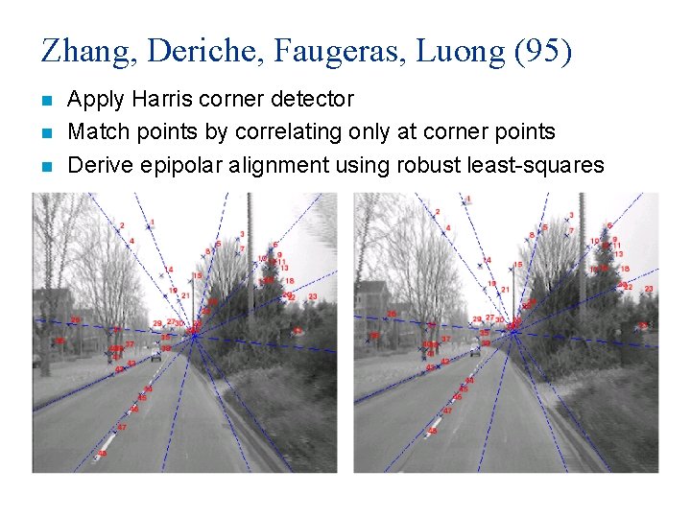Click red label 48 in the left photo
click(x=103, y=452)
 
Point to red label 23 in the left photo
click(x=312, y=297)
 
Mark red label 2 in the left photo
click(x=122, y=225)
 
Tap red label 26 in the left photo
click(x=76, y=319)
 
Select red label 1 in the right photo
click(x=468, y=200)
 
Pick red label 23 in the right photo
click(x=649, y=289)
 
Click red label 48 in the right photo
click(x=432, y=431)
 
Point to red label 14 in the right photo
click(x=488, y=260)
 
